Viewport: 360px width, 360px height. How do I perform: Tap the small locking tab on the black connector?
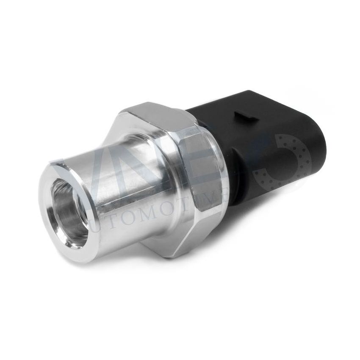[x=247, y=115]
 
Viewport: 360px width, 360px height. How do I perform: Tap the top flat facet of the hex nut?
[x=152, y=112]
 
